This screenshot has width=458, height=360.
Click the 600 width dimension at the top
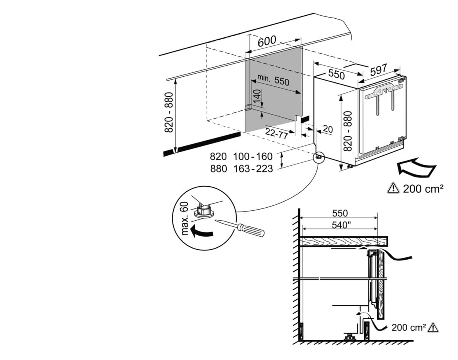(267, 41)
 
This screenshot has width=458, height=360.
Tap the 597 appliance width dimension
(378, 70)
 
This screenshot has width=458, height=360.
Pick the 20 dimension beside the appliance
(327, 129)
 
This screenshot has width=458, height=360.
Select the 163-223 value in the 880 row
(253, 168)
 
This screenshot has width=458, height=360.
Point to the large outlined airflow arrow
(416, 168)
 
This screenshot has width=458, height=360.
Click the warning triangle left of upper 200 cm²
(392, 188)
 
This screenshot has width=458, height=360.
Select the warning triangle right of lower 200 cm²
(433, 327)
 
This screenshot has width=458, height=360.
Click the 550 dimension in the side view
(340, 213)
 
